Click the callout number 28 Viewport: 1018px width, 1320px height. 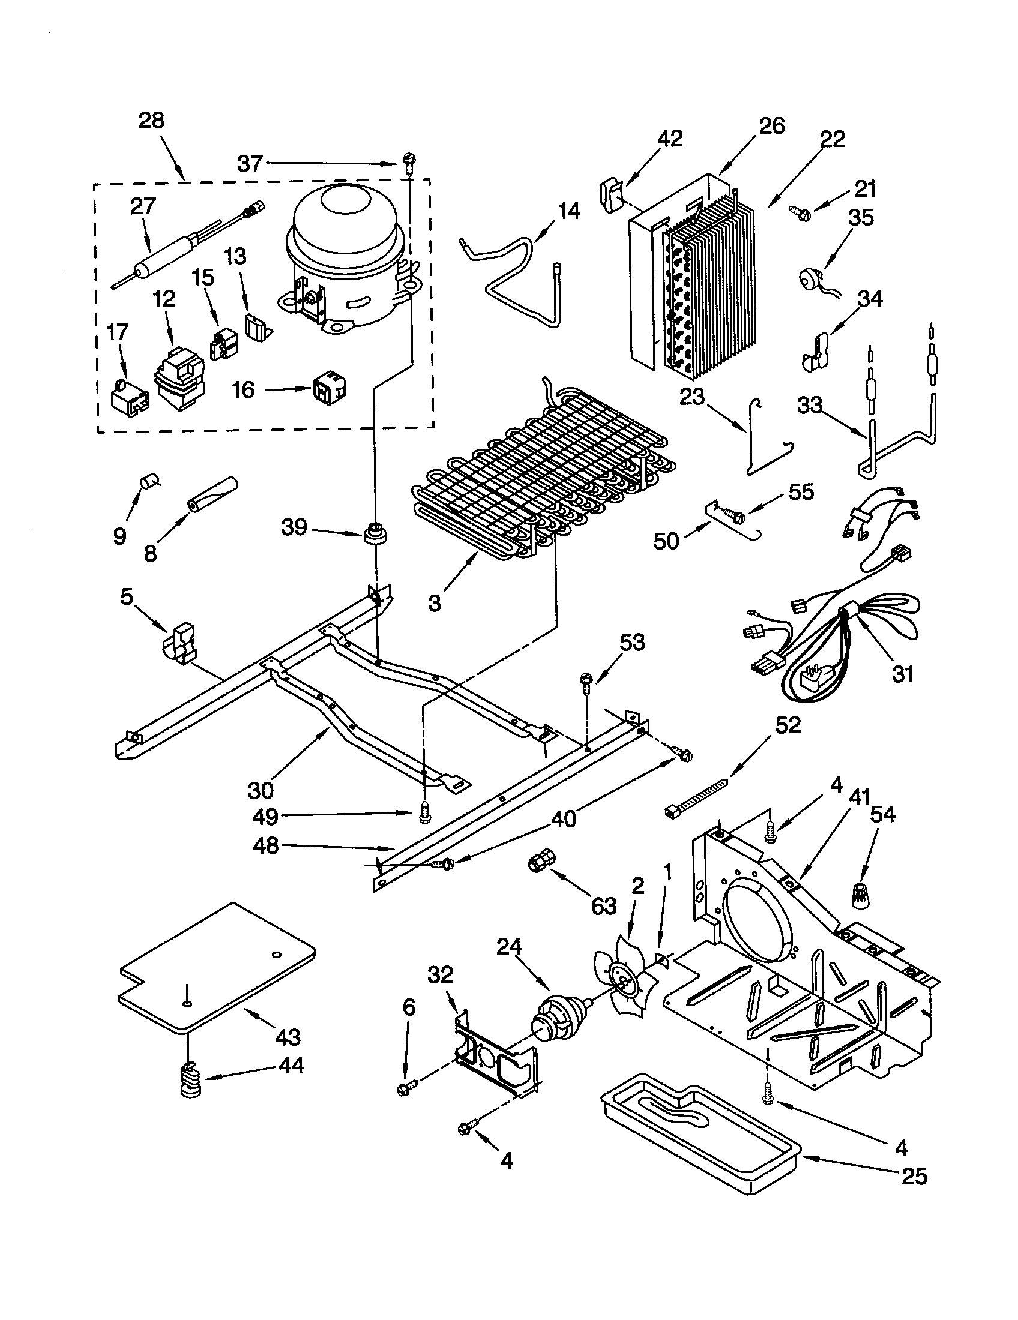pyautogui.click(x=151, y=120)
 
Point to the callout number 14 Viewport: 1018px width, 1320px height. pyautogui.click(x=568, y=211)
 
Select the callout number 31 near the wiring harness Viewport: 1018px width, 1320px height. pyautogui.click(x=903, y=673)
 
